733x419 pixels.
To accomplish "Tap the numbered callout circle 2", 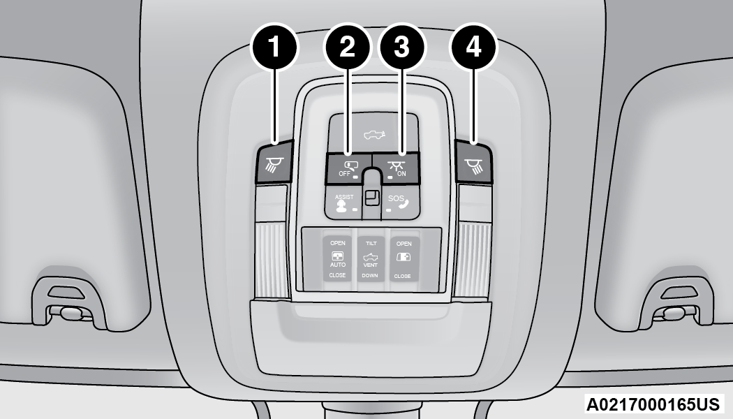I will coord(347,47).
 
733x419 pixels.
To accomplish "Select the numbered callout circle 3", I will coord(401,47).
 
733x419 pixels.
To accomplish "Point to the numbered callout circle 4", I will coord(474,47).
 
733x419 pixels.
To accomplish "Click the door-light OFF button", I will coord(347,168).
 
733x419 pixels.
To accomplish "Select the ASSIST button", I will coord(344,202).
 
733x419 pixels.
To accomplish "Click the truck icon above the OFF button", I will coord(373,132).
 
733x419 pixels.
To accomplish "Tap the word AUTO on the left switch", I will coord(338,266).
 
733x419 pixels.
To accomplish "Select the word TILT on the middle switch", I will coord(371,244).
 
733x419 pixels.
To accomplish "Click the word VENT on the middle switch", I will coord(371,266).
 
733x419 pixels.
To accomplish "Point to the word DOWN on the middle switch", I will coord(371,276).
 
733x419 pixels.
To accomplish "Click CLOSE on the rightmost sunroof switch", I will coord(402,276).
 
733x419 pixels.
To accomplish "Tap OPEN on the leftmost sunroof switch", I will coord(338,243).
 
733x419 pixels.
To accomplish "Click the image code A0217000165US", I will coord(654,404).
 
